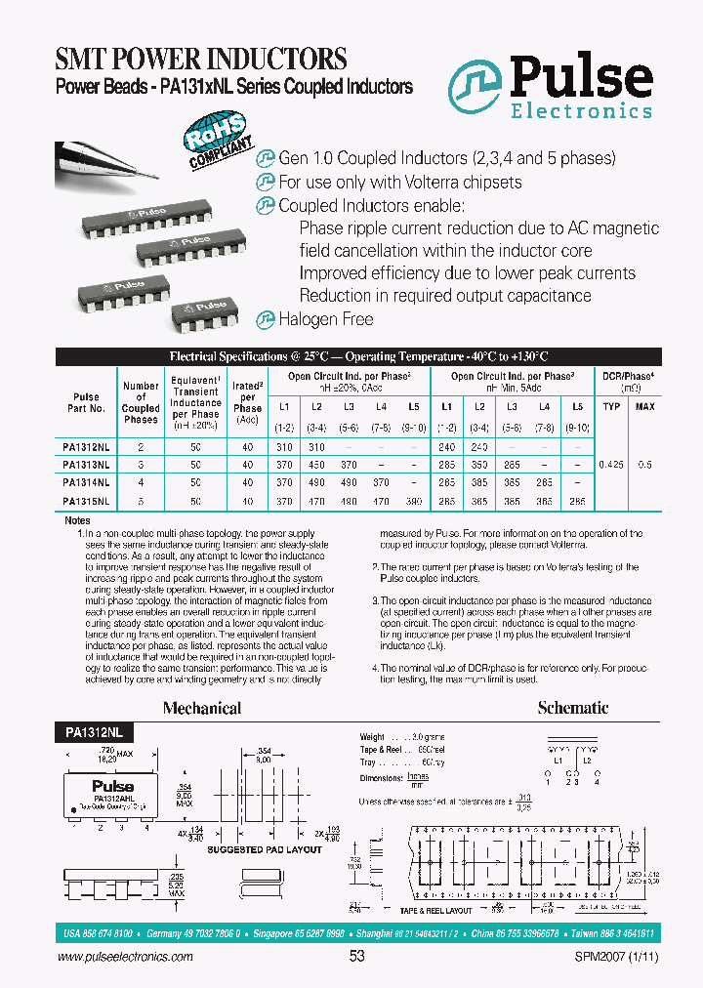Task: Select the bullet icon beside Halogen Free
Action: point(265,318)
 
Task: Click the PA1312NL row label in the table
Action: point(86,445)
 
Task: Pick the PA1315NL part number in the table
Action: point(86,500)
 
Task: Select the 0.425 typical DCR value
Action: point(611,465)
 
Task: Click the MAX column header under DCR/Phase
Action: point(645,405)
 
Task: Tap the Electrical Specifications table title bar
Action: point(359,356)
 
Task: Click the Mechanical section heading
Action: point(202,708)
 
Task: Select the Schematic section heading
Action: point(573,708)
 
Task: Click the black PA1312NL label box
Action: point(86,730)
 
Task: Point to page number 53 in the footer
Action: point(356,957)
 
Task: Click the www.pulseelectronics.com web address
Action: point(112,958)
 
